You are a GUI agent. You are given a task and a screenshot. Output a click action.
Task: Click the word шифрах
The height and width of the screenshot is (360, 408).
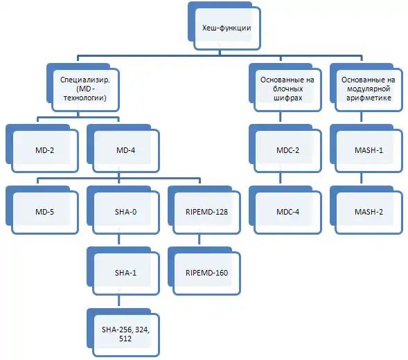[287, 98]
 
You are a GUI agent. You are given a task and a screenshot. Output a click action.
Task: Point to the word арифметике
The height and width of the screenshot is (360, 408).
[369, 98]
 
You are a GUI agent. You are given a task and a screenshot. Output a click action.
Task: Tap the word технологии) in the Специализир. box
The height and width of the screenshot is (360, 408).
[85, 98]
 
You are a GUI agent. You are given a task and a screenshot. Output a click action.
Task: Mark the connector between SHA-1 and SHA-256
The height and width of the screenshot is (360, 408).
[119, 300]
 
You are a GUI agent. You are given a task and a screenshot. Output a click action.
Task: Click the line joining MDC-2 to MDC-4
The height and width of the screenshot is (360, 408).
[281, 178]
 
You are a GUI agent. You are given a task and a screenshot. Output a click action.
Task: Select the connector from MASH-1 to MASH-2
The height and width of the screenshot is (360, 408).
[361, 178]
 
